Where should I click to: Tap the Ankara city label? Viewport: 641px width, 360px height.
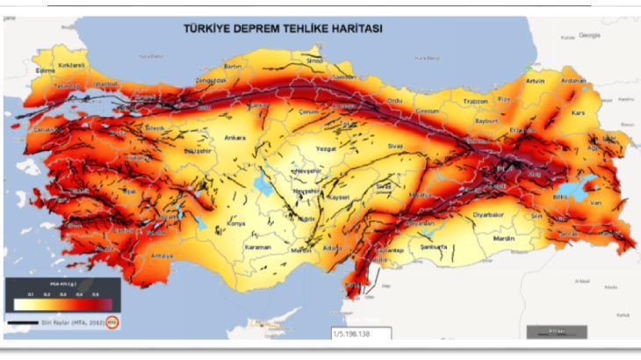[234, 138]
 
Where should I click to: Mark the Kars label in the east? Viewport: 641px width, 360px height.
[577, 113]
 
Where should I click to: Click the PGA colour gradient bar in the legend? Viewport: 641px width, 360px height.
[61, 304]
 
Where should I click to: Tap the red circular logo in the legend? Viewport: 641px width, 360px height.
[112, 322]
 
